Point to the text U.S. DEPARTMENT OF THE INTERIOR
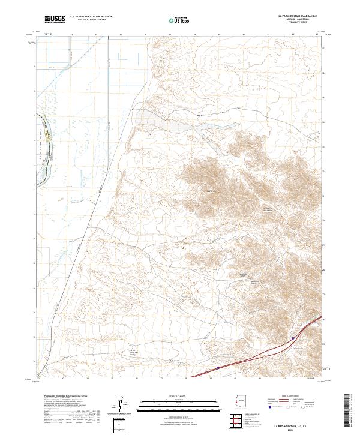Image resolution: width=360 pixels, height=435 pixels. [91, 17]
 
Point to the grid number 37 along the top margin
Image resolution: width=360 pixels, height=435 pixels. [170, 35]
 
